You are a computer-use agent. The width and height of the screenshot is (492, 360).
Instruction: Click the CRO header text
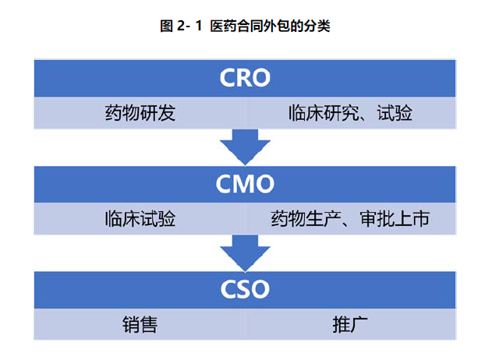245,78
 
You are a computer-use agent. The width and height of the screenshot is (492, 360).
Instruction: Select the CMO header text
245,184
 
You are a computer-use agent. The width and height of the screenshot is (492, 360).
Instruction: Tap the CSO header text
245,289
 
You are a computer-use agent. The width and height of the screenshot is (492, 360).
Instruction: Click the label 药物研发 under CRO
140,114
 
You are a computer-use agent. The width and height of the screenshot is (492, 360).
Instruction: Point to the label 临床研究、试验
349,114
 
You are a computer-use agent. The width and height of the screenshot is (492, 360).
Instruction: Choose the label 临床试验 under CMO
140,218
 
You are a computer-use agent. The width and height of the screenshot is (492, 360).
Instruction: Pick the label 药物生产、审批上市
350,218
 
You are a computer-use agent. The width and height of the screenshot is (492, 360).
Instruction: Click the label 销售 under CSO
140,323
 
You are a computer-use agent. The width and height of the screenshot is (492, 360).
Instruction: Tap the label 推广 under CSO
350,323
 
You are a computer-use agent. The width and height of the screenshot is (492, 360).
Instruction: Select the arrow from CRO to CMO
245,146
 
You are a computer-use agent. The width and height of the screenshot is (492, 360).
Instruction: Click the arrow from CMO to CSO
245,252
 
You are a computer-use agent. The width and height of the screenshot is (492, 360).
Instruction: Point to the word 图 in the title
165,26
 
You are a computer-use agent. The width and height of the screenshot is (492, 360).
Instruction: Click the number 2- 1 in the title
189,26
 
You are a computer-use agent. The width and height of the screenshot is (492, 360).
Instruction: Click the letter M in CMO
245,184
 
